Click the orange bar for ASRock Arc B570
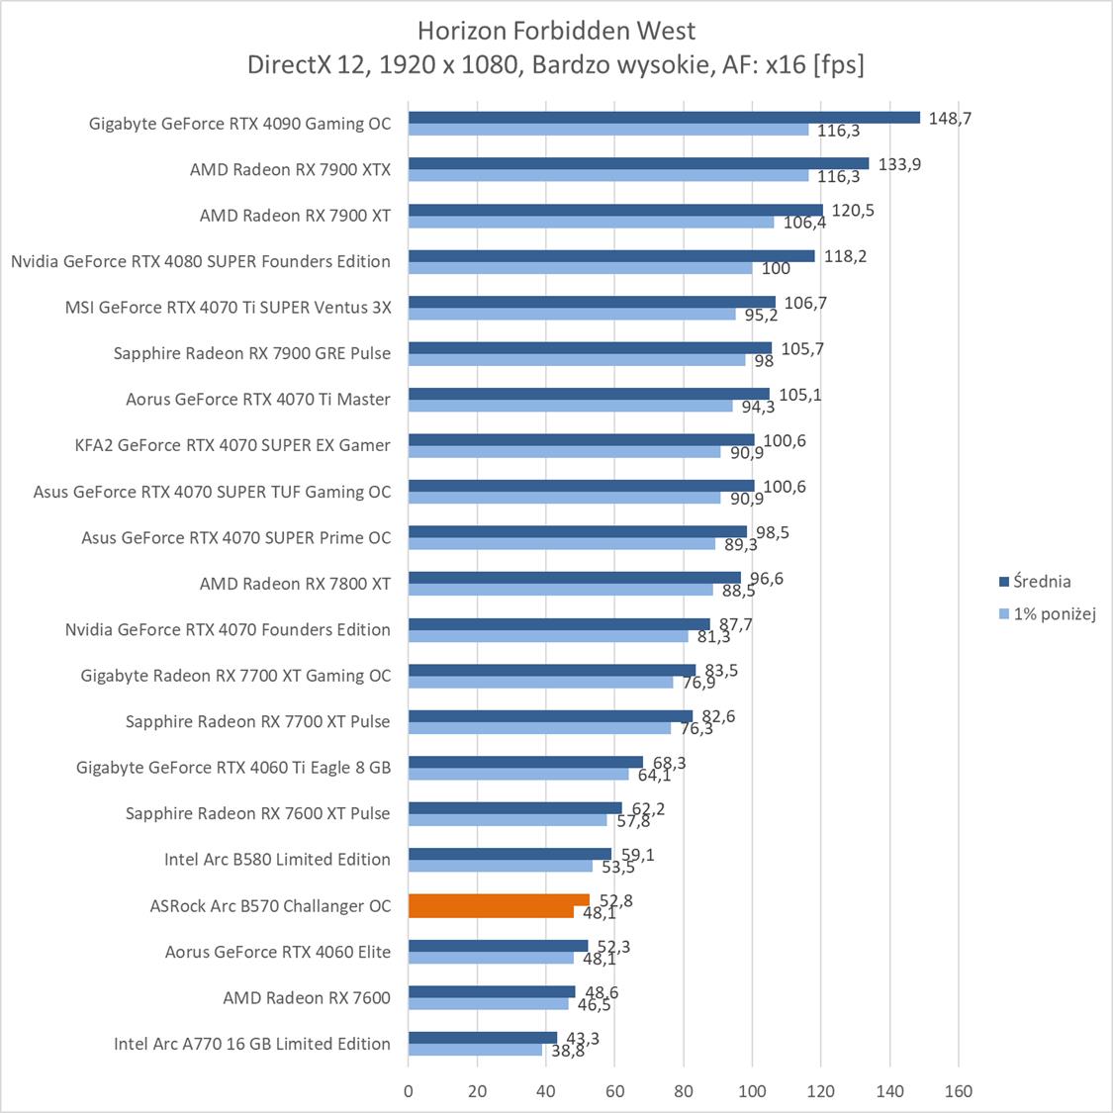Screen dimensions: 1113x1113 [499, 900]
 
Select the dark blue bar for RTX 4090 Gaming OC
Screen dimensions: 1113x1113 [664, 118]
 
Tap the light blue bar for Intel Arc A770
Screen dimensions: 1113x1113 [475, 1050]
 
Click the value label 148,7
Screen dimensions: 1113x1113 [951, 119]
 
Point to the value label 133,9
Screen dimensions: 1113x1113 [899, 164]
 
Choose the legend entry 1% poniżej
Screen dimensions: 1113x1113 [1054, 613]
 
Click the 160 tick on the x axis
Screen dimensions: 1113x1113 [959, 1091]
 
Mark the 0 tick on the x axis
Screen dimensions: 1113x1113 [409, 1091]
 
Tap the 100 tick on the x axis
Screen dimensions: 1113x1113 [752, 1091]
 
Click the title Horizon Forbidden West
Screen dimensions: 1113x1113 [556, 31]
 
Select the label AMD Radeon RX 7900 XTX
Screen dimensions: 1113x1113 [290, 170]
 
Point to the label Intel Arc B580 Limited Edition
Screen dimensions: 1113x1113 [277, 860]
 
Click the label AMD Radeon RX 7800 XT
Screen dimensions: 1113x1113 [295, 584]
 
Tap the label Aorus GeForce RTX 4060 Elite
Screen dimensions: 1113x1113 [277, 952]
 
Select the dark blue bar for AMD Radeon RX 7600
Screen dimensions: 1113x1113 [492, 991]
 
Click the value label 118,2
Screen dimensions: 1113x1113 [846, 256]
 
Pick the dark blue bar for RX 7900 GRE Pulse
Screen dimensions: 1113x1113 [590, 347]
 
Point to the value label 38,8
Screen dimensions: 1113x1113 [568, 1052]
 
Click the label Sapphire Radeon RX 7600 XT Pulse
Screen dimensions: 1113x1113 [257, 813]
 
